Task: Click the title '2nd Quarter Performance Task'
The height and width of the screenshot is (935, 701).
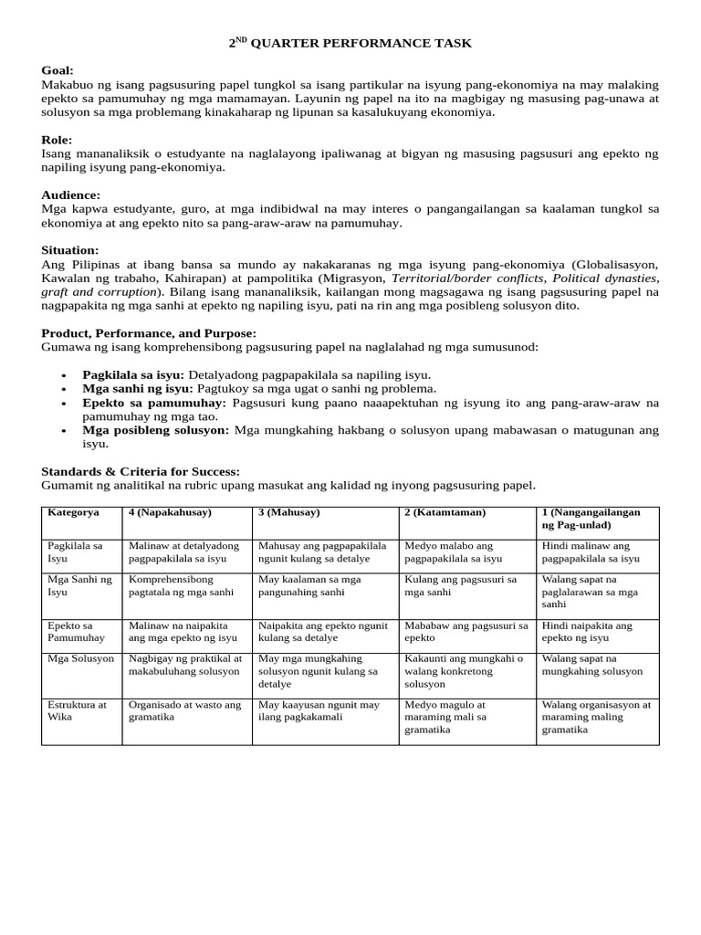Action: point(350,43)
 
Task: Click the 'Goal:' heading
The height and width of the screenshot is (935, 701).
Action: point(58,70)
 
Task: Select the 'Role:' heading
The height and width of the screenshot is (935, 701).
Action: point(57,140)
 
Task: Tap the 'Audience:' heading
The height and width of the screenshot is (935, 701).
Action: point(70,194)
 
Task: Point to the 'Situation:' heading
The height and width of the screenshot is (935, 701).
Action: point(69,249)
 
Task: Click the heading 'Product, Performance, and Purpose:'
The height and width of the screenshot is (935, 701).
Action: point(149,333)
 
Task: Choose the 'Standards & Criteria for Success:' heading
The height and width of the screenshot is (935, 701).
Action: point(141,471)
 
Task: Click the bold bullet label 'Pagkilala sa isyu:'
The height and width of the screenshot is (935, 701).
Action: point(133,374)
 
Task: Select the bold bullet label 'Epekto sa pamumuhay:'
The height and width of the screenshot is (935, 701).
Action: point(154,402)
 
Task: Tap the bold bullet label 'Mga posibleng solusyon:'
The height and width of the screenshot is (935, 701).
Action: point(157,429)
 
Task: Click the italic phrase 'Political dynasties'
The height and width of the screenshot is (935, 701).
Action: point(604,278)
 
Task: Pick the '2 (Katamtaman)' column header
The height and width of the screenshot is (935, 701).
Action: point(445,512)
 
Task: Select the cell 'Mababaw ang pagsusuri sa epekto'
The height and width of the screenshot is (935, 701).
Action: point(466,631)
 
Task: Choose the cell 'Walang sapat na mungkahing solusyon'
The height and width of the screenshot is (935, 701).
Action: point(591,664)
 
